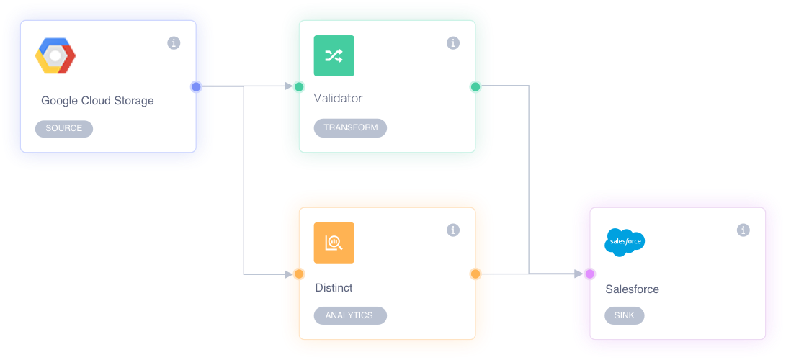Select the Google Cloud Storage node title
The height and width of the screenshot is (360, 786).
97,101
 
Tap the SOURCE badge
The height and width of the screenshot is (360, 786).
64,128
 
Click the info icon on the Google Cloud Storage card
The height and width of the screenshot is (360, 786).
174,43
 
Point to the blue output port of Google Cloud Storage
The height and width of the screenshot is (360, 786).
196,87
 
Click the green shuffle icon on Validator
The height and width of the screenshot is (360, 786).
334,55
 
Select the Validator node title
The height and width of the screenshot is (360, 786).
338,98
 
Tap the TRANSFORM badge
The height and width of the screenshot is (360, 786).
350,127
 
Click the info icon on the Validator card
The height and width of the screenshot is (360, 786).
453,43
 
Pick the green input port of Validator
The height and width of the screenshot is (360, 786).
299,87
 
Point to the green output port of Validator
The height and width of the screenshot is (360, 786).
475,87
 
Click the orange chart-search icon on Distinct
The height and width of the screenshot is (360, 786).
334,243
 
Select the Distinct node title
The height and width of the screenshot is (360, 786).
334,288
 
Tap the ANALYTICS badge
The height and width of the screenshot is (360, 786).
349,315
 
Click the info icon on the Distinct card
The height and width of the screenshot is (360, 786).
453,230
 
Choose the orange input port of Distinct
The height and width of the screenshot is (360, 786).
299,274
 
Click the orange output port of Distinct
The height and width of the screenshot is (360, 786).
475,274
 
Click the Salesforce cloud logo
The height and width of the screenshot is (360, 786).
624,243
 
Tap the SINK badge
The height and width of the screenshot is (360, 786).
624,315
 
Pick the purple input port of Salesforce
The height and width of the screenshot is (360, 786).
590,274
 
